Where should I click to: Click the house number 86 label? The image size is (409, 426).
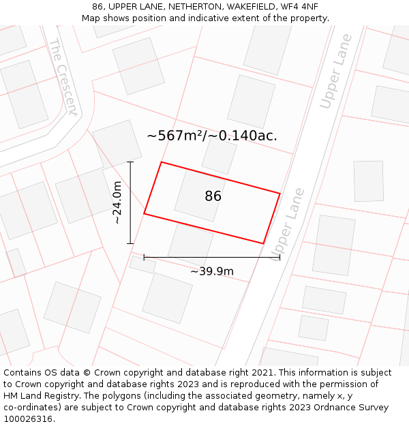[213, 196]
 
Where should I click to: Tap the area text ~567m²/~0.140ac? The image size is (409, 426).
[212, 136]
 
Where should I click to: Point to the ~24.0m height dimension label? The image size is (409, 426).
[117, 202]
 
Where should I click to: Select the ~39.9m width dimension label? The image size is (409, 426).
[212, 271]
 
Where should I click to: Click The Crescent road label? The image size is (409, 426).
[63, 76]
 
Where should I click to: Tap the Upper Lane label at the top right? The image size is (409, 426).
[337, 80]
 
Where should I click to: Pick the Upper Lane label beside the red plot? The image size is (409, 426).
[286, 224]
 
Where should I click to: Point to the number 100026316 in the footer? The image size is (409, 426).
[28, 419]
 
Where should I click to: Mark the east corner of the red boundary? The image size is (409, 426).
[279, 194]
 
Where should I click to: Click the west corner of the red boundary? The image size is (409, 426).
[144, 214]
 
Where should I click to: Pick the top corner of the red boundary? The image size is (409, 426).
[161, 162]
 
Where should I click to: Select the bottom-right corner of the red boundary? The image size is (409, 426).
[263, 243]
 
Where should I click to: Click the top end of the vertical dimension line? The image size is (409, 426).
[130, 162]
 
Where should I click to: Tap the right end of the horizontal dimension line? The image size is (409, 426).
[279, 257]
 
